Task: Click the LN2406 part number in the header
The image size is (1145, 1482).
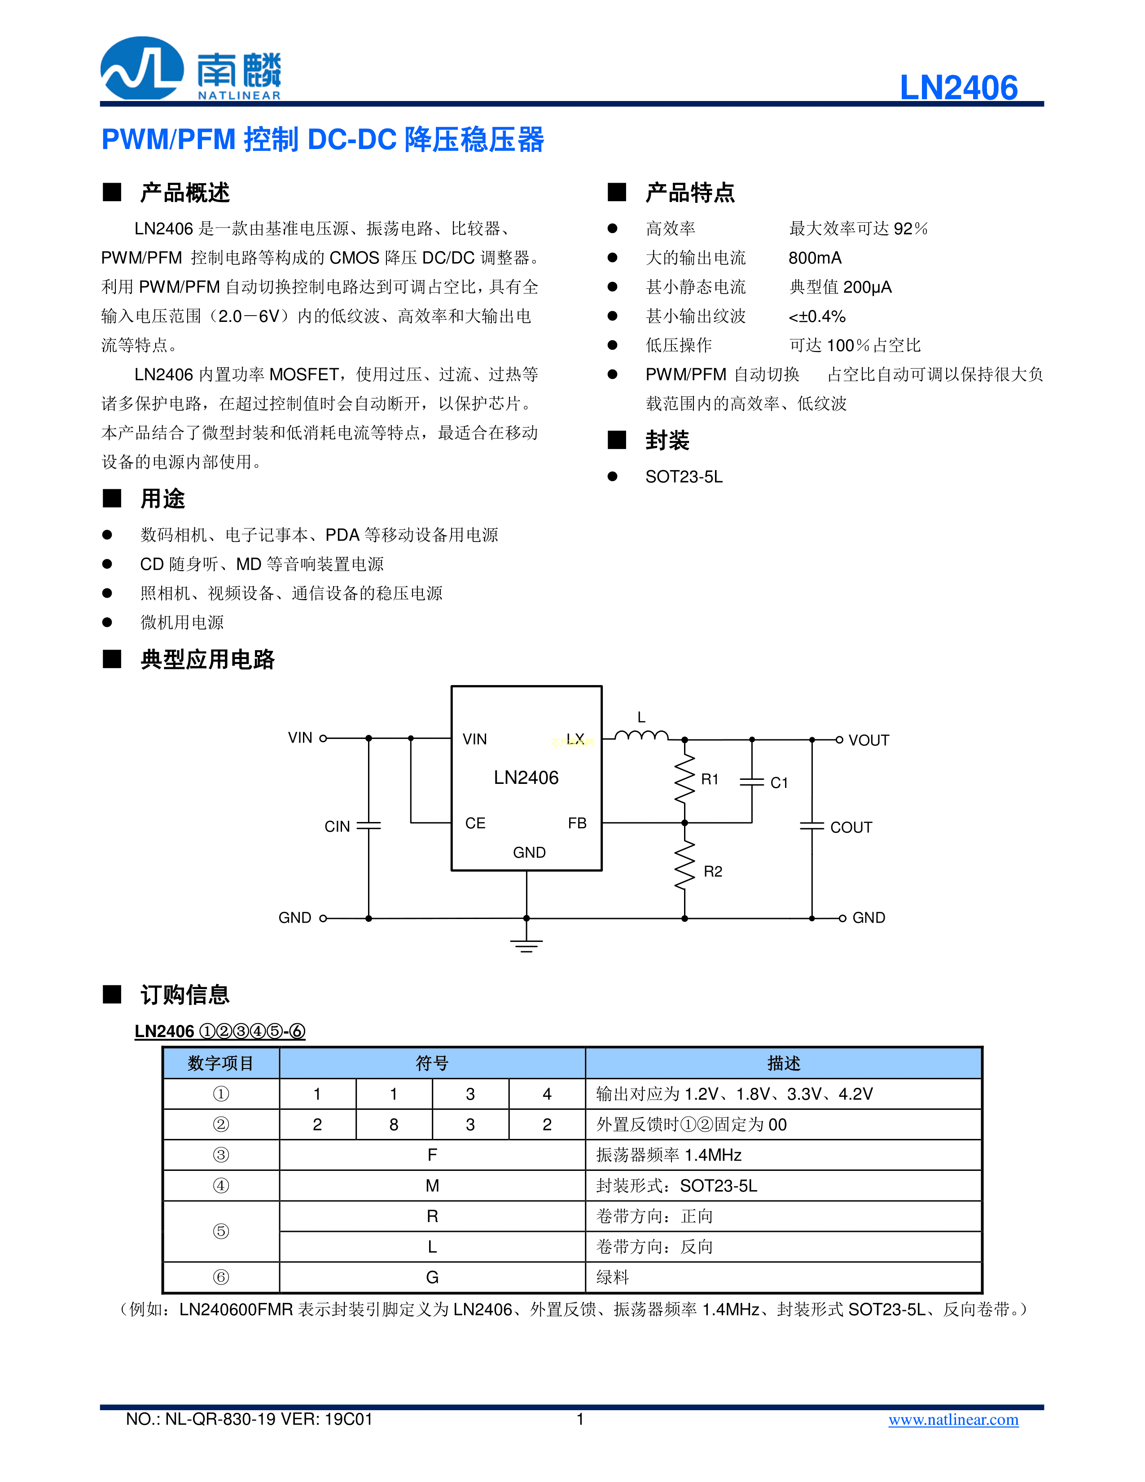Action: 958,88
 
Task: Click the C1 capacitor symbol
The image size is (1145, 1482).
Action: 751,782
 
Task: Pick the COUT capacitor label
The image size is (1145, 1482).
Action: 851,827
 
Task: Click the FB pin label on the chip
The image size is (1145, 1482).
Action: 577,823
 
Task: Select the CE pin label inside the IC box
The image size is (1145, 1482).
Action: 475,823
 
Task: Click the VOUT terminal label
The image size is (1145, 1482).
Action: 868,740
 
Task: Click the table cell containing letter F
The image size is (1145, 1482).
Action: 432,1155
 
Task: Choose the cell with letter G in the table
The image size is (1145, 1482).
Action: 432,1277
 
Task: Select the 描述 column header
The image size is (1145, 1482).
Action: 784,1063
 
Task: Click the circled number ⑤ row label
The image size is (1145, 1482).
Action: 221,1231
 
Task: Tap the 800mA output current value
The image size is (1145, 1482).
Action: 815,258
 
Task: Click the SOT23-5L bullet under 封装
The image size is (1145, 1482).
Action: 684,477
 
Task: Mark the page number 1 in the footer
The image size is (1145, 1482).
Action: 580,1419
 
